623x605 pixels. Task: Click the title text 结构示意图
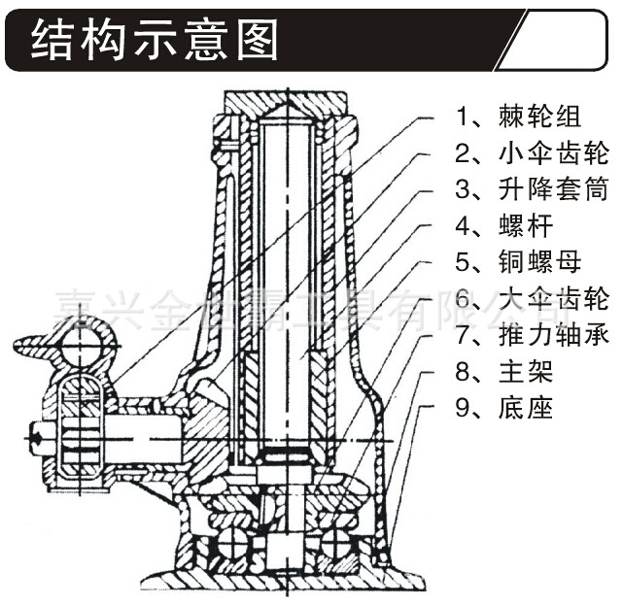(155, 41)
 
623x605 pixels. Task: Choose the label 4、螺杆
(504, 226)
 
